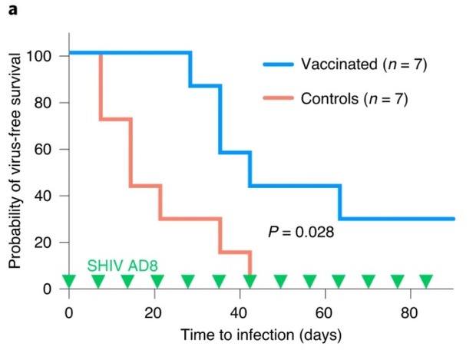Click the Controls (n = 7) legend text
tap(354, 99)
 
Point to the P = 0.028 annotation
tap(301, 231)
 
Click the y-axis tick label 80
tap(43, 103)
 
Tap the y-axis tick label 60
tap(43, 150)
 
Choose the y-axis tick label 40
tap(43, 196)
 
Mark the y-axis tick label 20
tap(43, 243)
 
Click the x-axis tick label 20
tap(154, 312)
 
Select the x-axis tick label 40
tap(240, 312)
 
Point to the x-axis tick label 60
tap(326, 312)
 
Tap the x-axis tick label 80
tap(411, 312)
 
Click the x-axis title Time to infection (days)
tap(261, 335)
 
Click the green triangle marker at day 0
tap(69, 281)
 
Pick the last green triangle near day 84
tap(426, 281)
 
